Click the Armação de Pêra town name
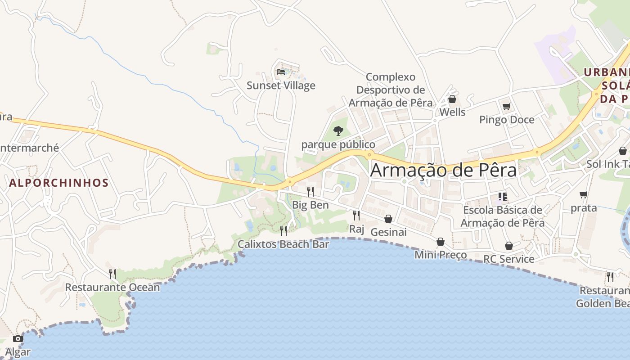(x=443, y=170)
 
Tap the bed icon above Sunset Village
(x=281, y=72)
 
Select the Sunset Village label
(x=281, y=85)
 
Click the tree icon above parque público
(x=338, y=131)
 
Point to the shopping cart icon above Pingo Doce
(x=507, y=106)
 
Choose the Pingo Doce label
(x=507, y=120)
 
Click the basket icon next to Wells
(x=452, y=99)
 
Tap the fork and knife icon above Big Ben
(x=310, y=192)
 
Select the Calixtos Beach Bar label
(x=283, y=244)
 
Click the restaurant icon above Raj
(x=356, y=216)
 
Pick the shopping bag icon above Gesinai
(x=388, y=219)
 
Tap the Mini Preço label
(x=441, y=255)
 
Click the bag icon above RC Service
(x=509, y=246)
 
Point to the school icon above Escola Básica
(x=503, y=197)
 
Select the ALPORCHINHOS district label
(x=59, y=183)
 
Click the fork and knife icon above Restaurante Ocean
(x=112, y=274)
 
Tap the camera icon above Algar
(x=18, y=338)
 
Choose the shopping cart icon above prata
(x=584, y=195)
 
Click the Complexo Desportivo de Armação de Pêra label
(x=391, y=90)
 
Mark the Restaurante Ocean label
(x=112, y=287)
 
